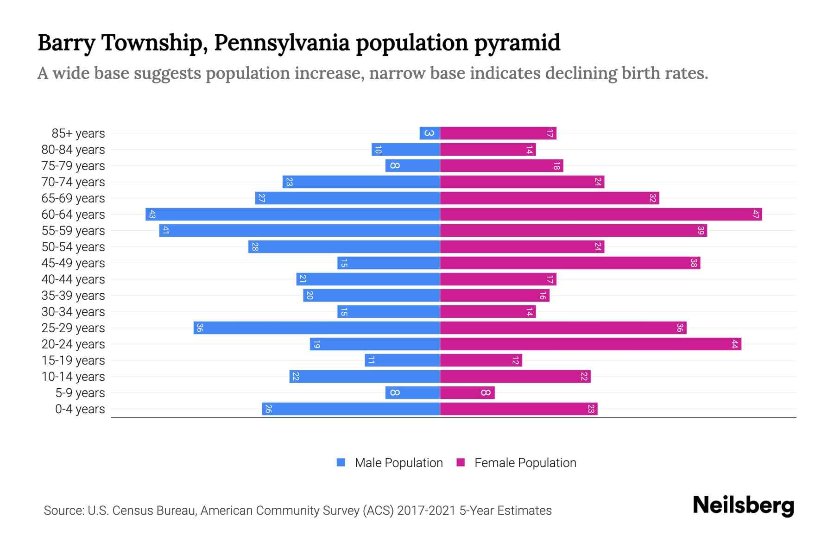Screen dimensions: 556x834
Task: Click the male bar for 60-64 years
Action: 292,214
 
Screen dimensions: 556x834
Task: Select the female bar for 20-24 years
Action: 590,344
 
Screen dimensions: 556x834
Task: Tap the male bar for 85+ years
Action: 430,133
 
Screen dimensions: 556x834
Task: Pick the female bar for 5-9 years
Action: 467,392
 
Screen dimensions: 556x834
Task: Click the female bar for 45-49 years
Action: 570,263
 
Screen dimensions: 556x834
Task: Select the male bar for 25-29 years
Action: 316,328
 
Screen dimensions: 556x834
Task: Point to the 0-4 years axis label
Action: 80,409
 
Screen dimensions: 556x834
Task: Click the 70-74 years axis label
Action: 73,182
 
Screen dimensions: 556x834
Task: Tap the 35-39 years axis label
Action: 73,296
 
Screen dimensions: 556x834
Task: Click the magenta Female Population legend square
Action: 461,462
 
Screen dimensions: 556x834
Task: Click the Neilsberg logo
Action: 743,505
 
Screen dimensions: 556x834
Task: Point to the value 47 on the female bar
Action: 756,214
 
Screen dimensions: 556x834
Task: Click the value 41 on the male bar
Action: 165,230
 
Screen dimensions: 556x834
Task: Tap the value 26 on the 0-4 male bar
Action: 268,409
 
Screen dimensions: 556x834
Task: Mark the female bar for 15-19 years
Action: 481,360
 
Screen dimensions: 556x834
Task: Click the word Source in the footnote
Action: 63,511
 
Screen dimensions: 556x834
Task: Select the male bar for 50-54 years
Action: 344,246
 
